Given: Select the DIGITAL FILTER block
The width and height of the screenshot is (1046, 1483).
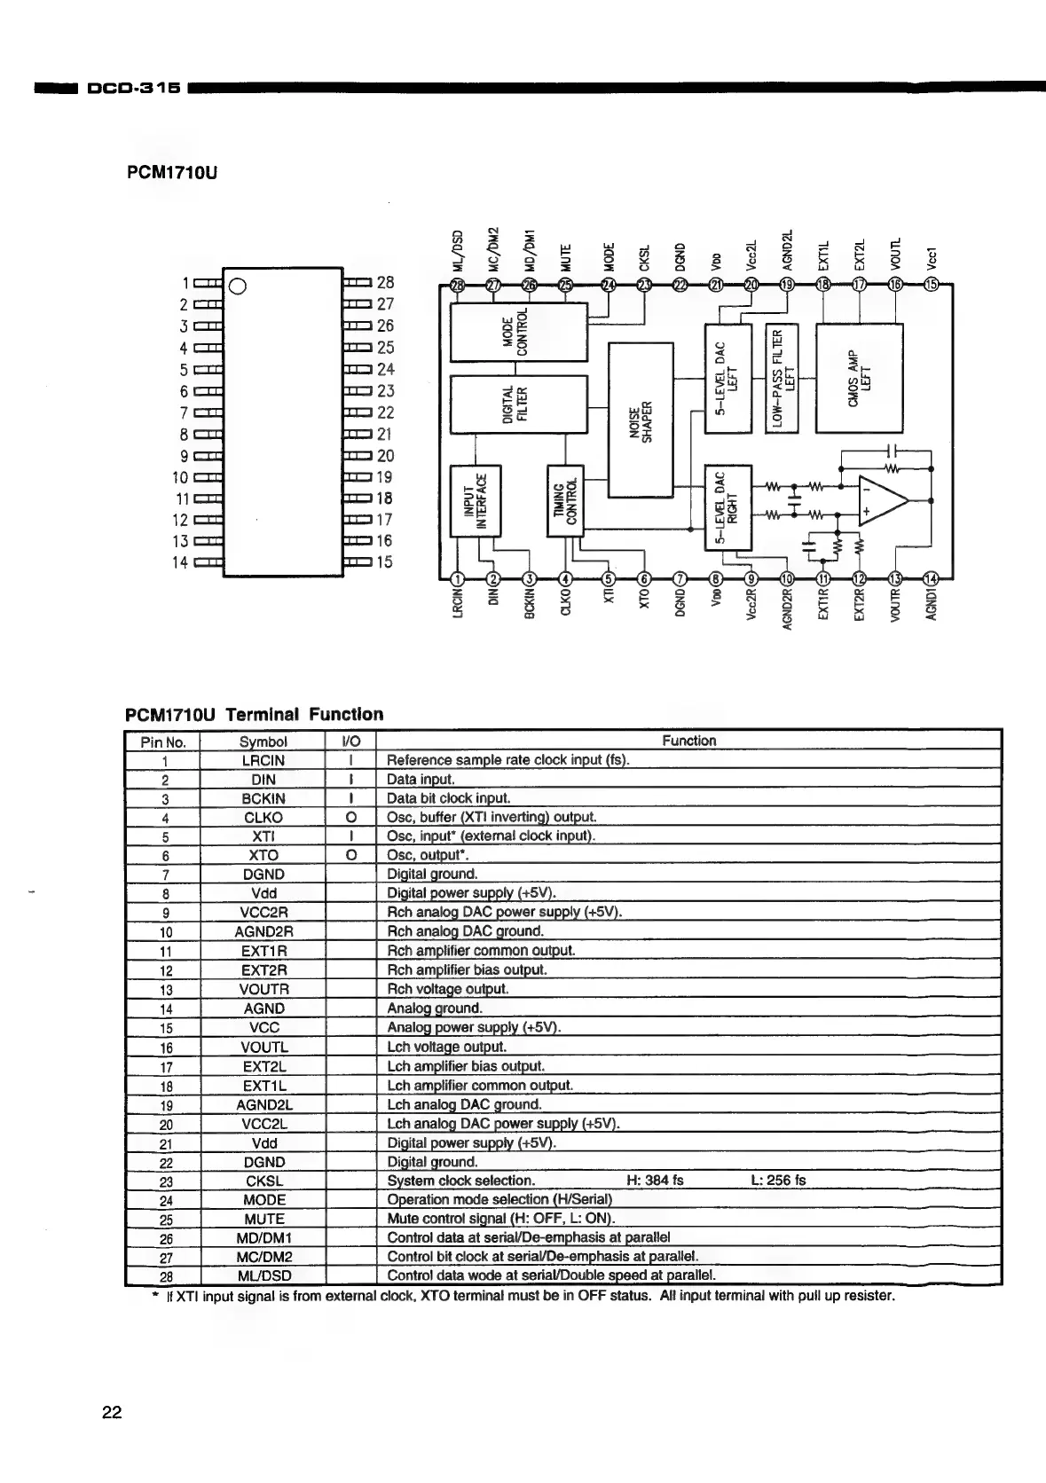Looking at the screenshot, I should [519, 404].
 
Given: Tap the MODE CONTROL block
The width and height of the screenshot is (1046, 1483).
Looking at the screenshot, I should [519, 332].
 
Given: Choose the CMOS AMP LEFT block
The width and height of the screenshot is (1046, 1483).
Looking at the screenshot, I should [858, 378].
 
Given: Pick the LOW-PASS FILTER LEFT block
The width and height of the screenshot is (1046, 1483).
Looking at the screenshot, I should [782, 378].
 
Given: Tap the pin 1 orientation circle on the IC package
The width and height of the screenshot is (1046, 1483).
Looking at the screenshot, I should [238, 285].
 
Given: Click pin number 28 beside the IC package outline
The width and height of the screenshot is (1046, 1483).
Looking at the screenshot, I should [385, 283].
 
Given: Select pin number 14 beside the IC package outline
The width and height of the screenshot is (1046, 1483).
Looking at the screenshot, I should [180, 562].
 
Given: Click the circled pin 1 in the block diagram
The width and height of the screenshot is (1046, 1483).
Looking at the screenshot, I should [458, 579].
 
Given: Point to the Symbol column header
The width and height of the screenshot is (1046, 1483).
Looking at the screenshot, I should [263, 741].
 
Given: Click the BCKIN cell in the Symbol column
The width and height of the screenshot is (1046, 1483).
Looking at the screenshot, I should [263, 798].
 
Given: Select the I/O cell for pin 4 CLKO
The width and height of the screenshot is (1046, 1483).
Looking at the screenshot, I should [351, 818].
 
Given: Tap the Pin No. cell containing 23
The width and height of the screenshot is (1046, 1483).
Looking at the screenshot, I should [165, 1181].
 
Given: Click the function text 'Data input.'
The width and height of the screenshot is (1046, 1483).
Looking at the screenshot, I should [421, 780].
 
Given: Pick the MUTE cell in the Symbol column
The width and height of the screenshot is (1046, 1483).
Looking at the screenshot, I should [263, 1220].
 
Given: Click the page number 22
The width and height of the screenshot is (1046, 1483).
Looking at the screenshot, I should [112, 1413].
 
